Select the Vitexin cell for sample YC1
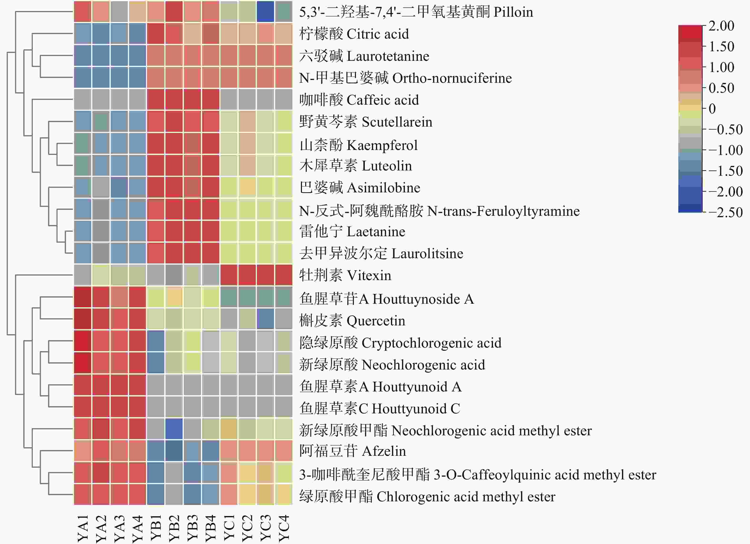click(x=229, y=275)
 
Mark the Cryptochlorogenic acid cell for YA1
click(x=83, y=341)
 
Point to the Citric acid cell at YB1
click(x=156, y=34)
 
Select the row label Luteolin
click(x=355, y=165)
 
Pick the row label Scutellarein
click(x=365, y=122)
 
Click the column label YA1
click(x=83, y=528)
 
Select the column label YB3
click(x=192, y=528)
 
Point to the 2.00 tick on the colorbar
click(x=721, y=26)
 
